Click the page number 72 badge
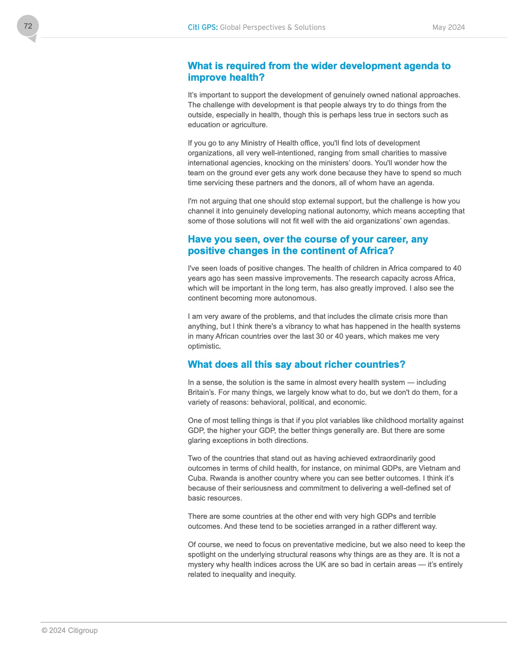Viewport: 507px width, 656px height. (x=28, y=26)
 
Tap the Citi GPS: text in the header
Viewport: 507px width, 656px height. (x=202, y=27)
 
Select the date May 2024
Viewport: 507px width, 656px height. (x=449, y=27)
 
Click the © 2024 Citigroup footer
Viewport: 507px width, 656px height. (x=70, y=631)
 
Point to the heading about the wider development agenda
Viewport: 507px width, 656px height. (x=319, y=72)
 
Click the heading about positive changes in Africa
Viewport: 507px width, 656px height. (x=308, y=245)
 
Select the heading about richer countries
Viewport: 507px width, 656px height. (x=296, y=365)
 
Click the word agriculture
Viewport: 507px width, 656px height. (x=249, y=125)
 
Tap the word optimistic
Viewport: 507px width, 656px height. (x=204, y=346)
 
